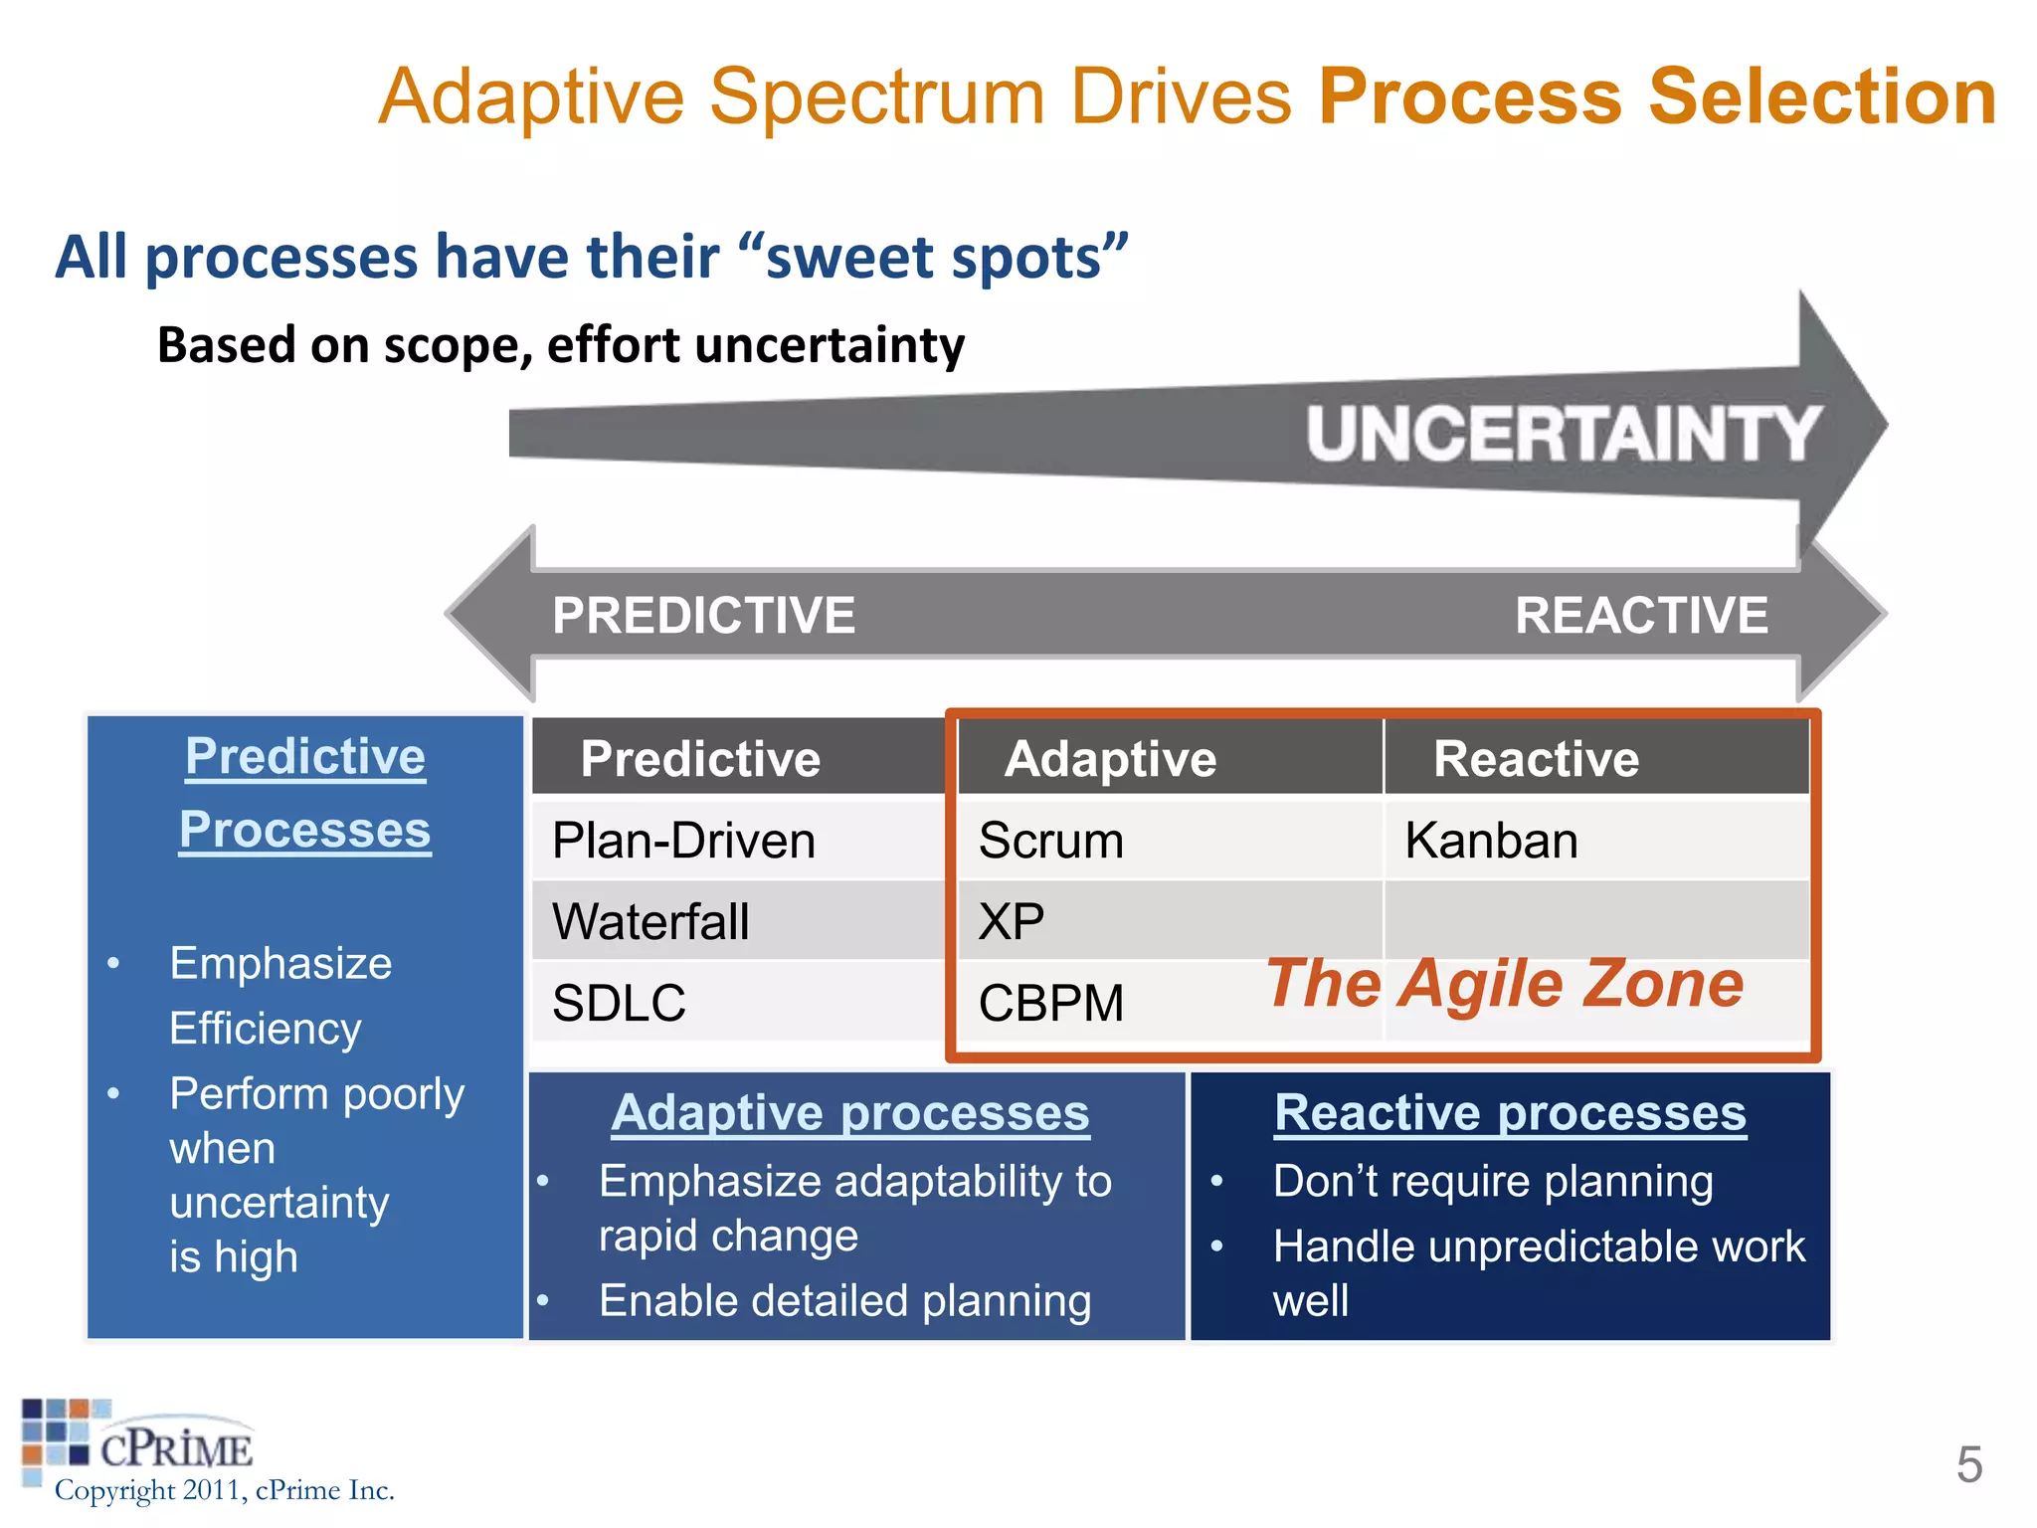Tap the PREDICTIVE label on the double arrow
tap(703, 615)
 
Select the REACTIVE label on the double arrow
tap(1641, 615)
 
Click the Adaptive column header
tap(1110, 759)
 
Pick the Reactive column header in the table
tap(1536, 759)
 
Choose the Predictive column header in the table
tap(700, 759)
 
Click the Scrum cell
tap(1051, 841)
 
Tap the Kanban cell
tap(1491, 841)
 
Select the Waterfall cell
tap(650, 921)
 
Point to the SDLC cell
tap(619, 1003)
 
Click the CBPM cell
tap(1051, 1003)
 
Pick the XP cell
tap(1012, 921)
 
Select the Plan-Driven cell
tap(683, 841)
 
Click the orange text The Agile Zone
tap(1505, 983)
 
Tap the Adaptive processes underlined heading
tap(850, 1112)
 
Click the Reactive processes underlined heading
tap(1510, 1112)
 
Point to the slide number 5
tap(1969, 1464)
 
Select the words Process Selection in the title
tap(1657, 96)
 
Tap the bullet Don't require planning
tap(1493, 1181)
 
